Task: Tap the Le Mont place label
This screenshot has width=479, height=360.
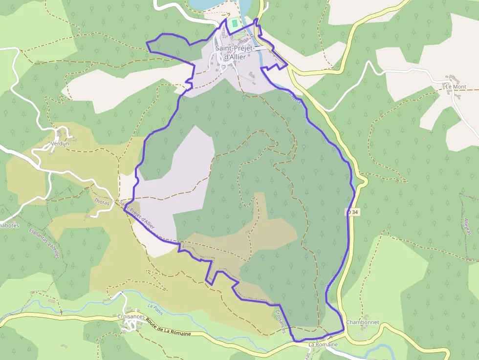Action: [x=456, y=86]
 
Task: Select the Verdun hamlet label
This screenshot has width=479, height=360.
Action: [x=60, y=144]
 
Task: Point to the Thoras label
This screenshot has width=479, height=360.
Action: [x=102, y=201]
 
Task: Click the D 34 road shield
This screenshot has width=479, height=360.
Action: [x=352, y=212]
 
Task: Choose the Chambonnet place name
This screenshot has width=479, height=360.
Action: [x=363, y=323]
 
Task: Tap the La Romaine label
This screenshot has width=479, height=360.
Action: [x=323, y=344]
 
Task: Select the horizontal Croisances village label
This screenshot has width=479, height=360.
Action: [x=131, y=317]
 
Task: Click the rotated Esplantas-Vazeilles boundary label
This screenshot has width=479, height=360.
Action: [x=44, y=244]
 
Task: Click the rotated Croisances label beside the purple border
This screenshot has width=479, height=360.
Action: [x=280, y=321]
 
